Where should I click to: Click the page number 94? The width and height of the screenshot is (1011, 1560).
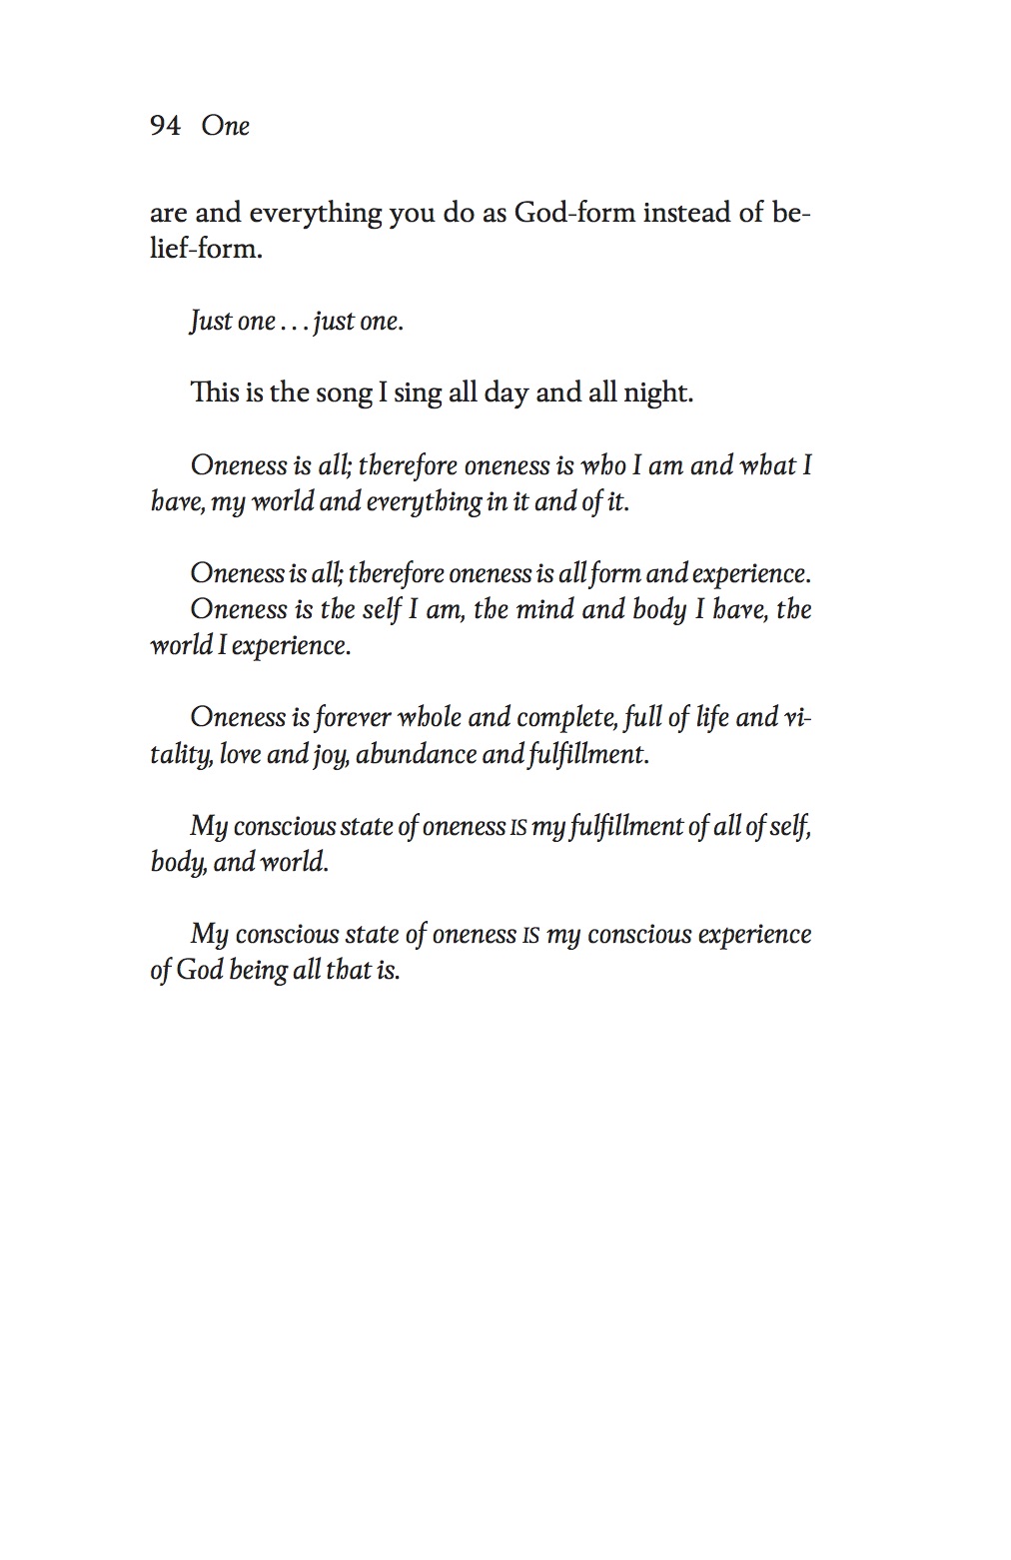click(x=165, y=126)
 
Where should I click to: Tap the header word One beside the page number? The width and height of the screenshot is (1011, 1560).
click(x=225, y=126)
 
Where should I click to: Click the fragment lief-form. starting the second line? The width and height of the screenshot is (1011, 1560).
click(x=206, y=249)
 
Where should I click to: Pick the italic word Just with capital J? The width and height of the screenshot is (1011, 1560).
click(x=211, y=322)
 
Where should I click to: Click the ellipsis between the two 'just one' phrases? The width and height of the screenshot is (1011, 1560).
click(x=294, y=322)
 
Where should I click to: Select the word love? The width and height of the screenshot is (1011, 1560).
click(x=240, y=754)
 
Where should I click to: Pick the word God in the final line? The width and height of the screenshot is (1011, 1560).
click(x=200, y=971)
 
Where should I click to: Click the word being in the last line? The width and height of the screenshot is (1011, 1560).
click(x=259, y=971)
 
